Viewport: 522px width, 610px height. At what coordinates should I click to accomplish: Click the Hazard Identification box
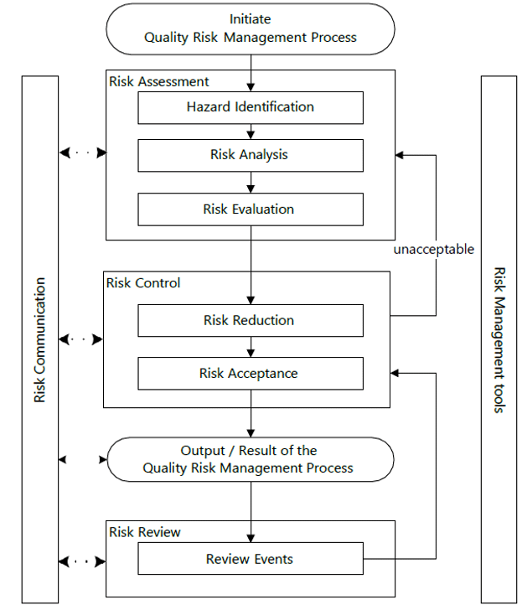pos(250,107)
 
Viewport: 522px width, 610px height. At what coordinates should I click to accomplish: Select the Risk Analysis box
pos(250,155)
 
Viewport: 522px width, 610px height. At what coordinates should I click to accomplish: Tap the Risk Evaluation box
pos(250,209)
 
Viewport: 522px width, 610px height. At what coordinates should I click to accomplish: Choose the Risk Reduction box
pos(250,320)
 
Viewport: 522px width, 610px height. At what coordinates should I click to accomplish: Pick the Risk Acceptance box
pos(250,374)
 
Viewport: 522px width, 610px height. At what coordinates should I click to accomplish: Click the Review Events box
pos(250,559)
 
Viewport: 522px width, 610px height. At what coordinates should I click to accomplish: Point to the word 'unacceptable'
pos(434,249)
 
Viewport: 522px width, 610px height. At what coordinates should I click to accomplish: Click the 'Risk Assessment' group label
pos(159,81)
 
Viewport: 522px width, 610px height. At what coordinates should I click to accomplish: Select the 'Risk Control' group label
pos(143,282)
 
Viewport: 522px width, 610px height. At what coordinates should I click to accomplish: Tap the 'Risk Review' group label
pos(145,531)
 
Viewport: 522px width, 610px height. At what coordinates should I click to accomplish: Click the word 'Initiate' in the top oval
pos(250,18)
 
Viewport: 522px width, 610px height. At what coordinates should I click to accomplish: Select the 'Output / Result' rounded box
pos(250,459)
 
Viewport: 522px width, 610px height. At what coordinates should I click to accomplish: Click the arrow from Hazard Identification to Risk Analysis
pos(250,132)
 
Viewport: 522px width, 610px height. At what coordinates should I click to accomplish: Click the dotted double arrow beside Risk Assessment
pos(83,153)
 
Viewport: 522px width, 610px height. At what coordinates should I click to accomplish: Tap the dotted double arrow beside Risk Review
pos(83,560)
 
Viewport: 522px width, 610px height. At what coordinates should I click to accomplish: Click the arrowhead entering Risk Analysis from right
pos(401,155)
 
